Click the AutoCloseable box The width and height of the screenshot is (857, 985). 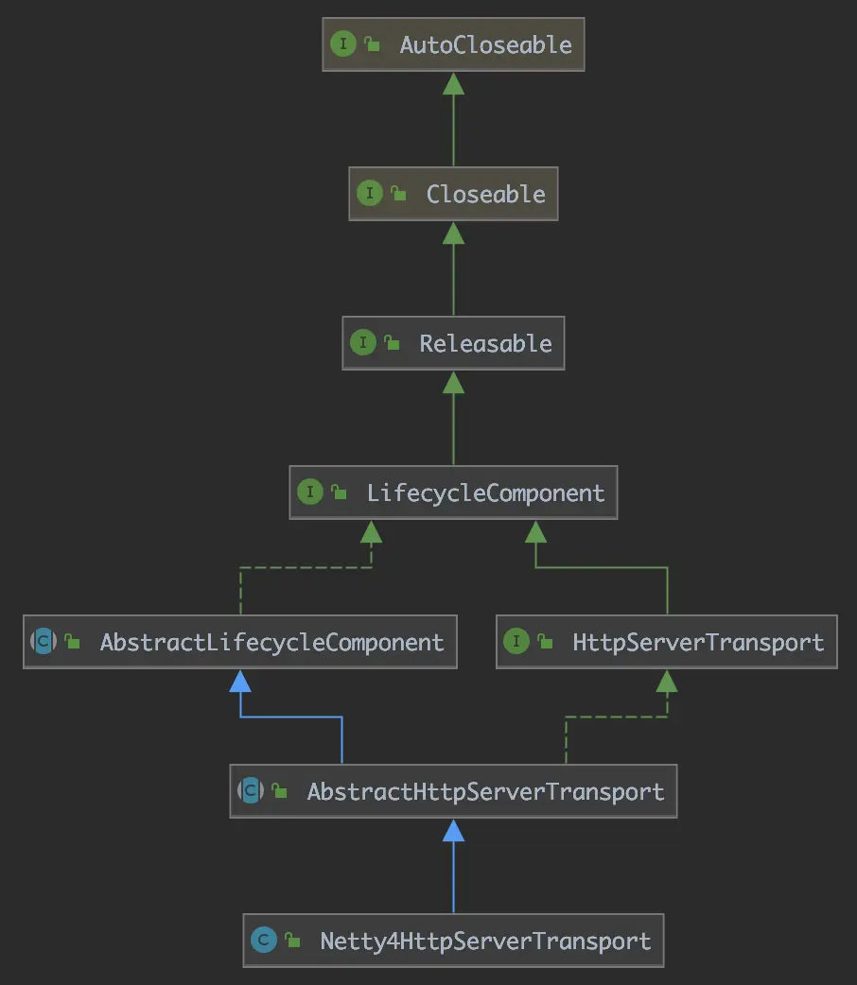(453, 44)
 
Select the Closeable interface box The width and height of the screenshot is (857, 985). (453, 194)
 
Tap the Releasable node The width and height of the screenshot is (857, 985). (453, 342)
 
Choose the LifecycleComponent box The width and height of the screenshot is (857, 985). (453, 492)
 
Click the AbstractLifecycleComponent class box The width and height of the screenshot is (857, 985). (240, 642)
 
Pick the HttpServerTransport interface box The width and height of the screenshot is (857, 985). (666, 642)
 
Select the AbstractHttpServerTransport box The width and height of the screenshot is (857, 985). (453, 791)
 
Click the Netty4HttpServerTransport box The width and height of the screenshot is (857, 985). (453, 941)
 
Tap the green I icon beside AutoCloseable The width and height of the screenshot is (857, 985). (342, 44)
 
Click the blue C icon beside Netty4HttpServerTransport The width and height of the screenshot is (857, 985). (264, 941)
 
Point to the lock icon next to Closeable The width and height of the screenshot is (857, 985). (399, 195)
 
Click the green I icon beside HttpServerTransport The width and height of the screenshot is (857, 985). (516, 642)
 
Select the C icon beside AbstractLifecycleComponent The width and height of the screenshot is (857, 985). (44, 642)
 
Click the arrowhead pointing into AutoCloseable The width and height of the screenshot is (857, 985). (453, 83)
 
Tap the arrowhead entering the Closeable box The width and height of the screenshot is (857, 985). (453, 233)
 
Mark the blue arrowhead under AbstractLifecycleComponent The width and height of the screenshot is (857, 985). (240, 681)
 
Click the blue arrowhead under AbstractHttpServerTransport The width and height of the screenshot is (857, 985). (453, 830)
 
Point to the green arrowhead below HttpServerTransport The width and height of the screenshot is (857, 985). (666, 681)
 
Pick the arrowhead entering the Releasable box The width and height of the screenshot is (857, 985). (453, 382)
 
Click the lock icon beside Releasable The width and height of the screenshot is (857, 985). (392, 344)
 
